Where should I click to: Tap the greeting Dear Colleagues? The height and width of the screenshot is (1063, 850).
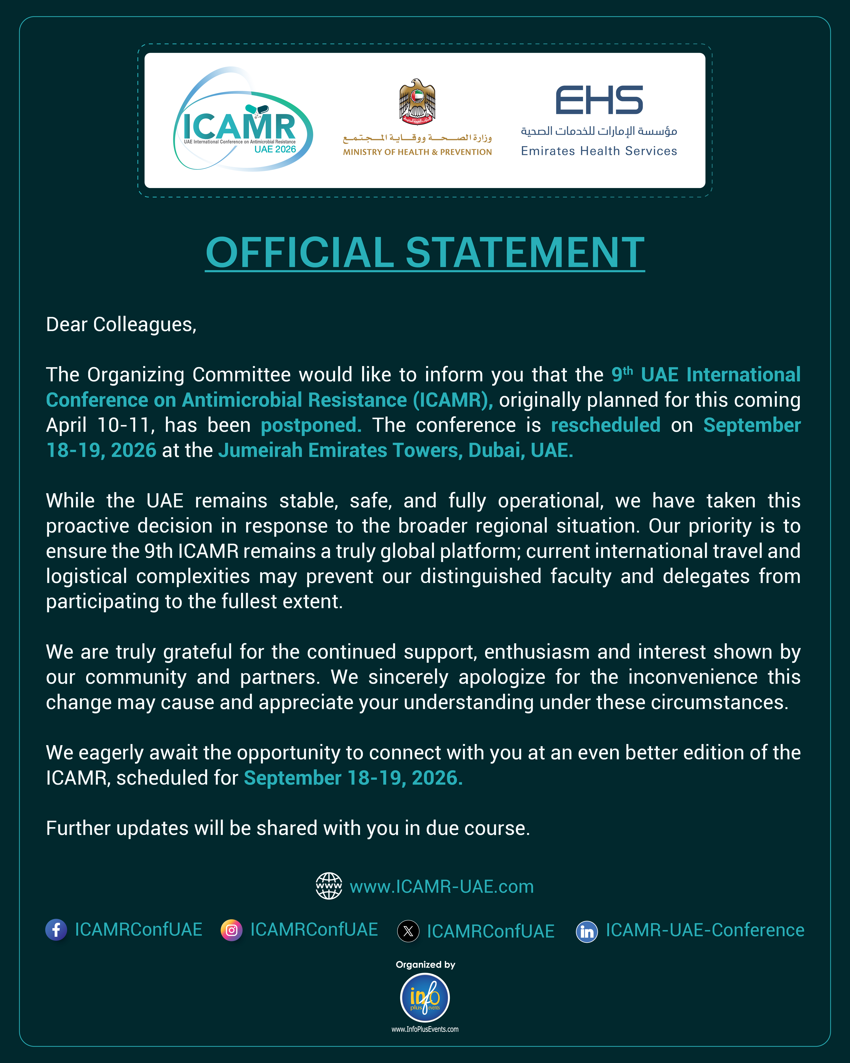[x=121, y=324]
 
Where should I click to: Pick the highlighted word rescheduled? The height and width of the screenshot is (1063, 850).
[x=605, y=425]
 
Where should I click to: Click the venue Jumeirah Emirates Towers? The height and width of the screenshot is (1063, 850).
[x=340, y=450]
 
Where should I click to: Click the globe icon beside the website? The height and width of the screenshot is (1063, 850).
[x=329, y=886]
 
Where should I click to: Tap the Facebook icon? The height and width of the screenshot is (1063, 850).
[x=56, y=930]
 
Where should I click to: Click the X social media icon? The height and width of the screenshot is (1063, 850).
[x=408, y=931]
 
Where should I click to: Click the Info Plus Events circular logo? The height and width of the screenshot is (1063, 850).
[x=425, y=997]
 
